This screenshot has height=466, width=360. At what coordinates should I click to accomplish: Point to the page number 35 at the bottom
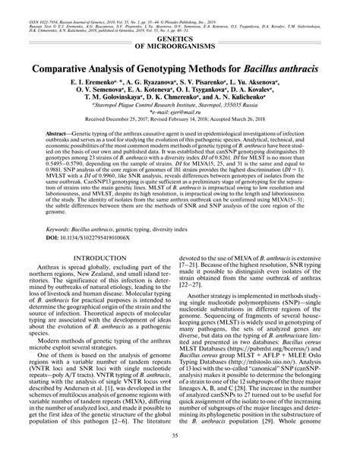pos(179,455)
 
